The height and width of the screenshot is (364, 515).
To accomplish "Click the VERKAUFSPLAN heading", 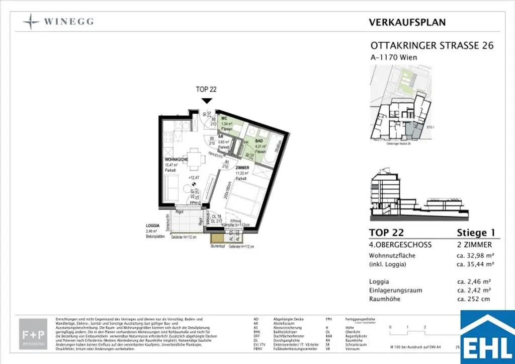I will tap(407, 22).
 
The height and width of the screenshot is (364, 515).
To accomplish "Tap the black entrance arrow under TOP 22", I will tap(206, 100).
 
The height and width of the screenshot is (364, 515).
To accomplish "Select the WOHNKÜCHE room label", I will tap(176, 160).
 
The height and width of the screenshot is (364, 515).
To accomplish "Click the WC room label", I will tap(225, 119).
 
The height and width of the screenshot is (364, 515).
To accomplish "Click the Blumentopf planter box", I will tap(217, 239).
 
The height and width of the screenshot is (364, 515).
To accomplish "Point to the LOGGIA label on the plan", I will tap(152, 226).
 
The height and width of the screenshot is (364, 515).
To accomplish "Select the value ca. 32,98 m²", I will tap(472, 255).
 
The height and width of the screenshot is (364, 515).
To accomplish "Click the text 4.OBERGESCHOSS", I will tap(400, 245).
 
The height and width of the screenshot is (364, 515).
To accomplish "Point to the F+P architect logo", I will tap(34, 334).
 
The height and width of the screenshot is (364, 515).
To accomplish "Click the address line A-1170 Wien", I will tap(393, 57).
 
